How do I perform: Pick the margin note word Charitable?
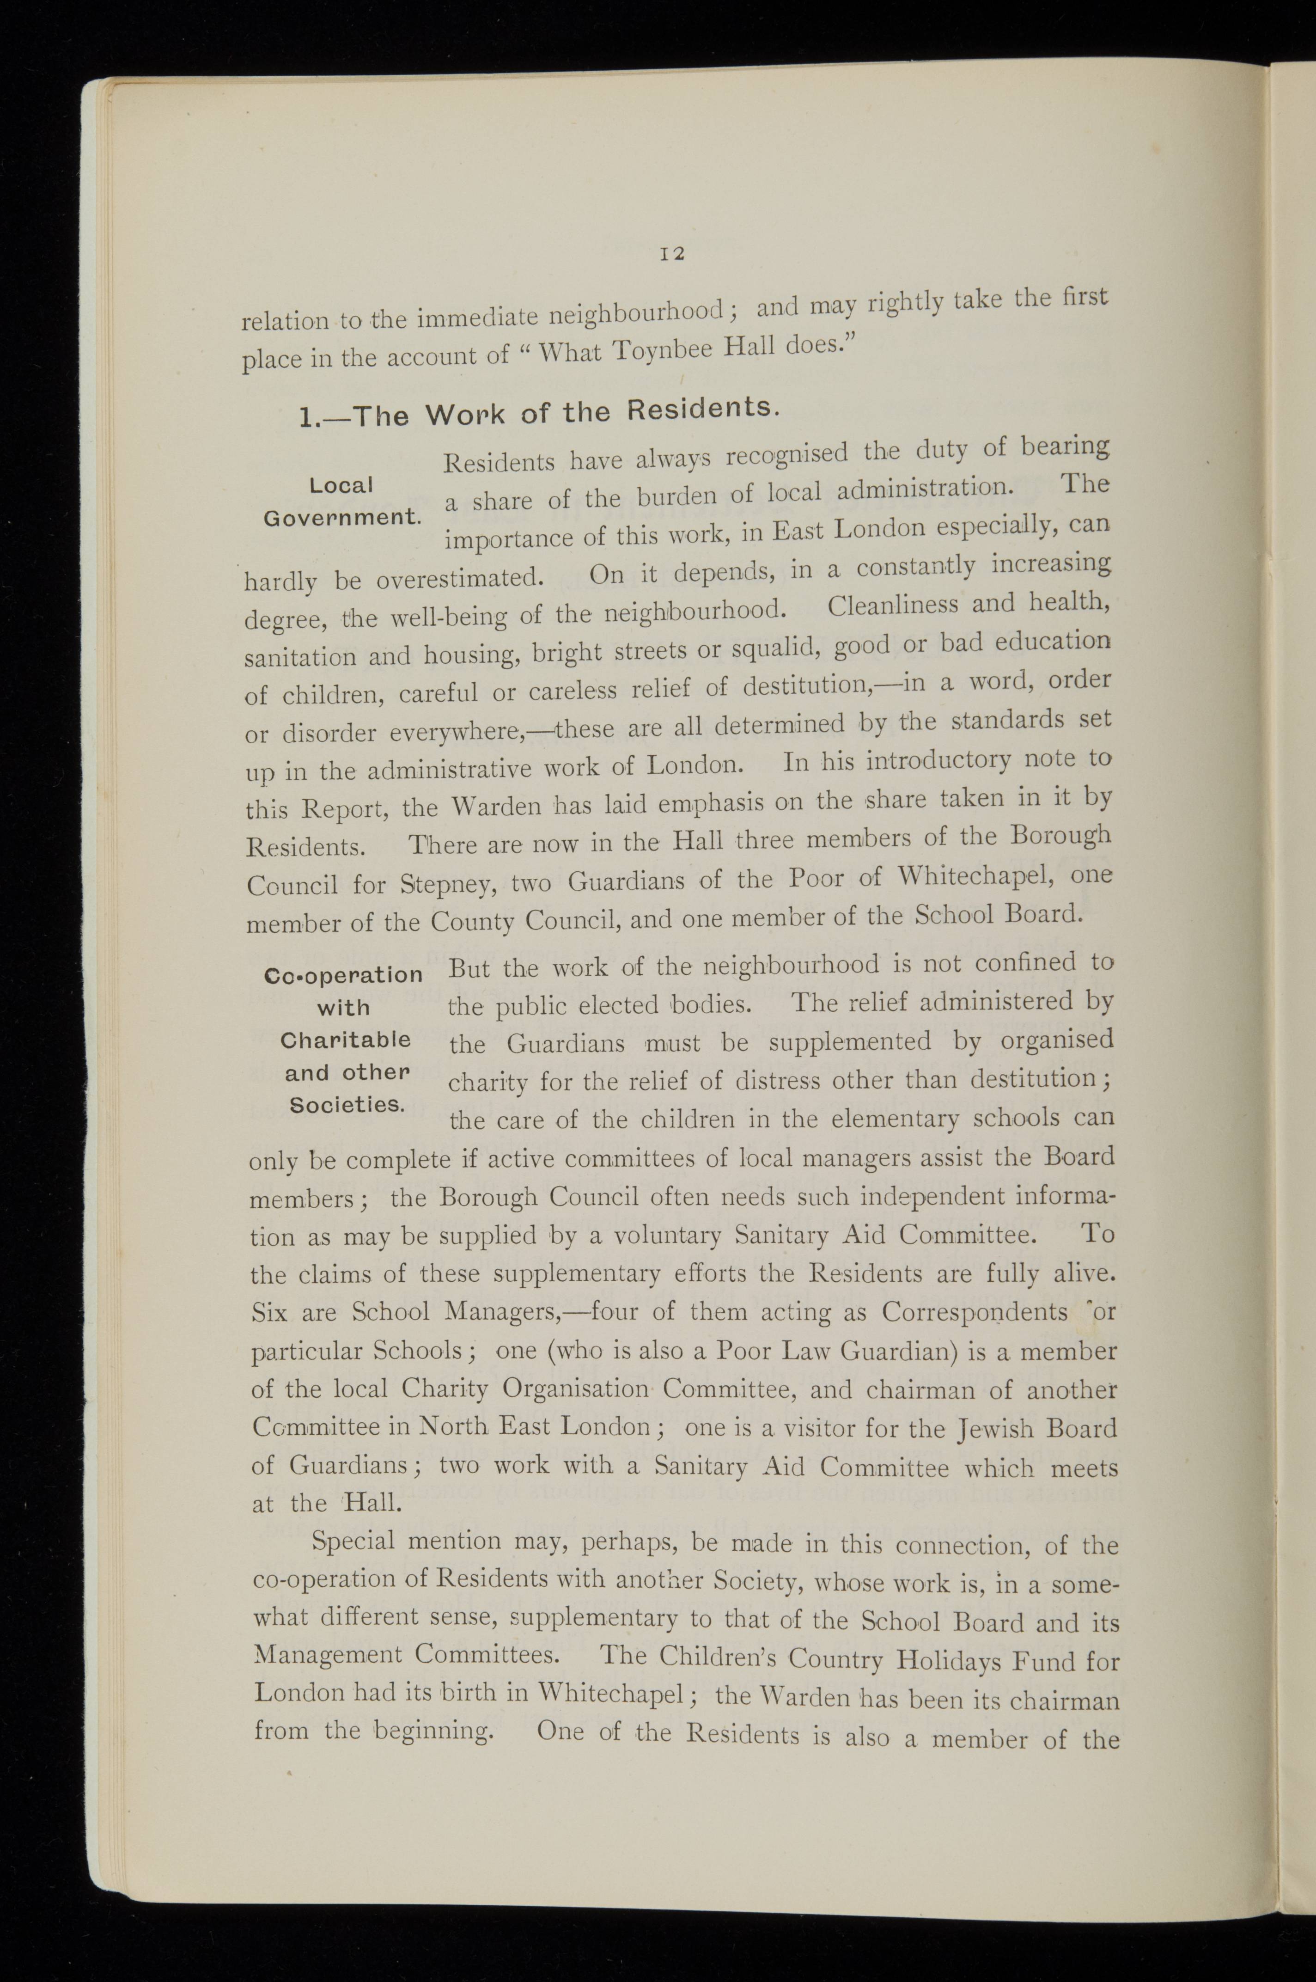pyautogui.click(x=345, y=1040)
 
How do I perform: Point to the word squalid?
pyautogui.click(x=770, y=649)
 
